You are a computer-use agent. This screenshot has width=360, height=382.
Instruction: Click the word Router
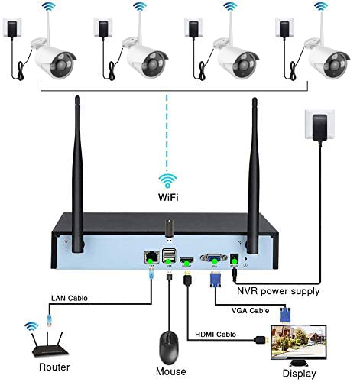[54, 367]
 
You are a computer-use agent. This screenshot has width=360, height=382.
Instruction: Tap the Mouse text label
[171, 371]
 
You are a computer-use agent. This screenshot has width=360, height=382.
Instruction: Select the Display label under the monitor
[300, 374]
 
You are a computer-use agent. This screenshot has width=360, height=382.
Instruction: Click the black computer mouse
[169, 348]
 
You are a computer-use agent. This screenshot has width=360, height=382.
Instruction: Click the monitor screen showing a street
[299, 342]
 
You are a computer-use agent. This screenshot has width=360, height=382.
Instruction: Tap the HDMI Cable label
[216, 334]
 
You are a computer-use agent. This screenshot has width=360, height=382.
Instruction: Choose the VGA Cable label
[250, 310]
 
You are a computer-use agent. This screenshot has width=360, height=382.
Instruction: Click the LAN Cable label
[70, 298]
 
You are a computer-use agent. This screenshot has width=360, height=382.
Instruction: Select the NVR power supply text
[278, 291]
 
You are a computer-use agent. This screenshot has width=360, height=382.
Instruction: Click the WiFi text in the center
[168, 197]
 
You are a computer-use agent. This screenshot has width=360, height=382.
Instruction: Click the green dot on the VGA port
[214, 261]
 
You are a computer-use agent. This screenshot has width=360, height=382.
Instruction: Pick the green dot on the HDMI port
[187, 262]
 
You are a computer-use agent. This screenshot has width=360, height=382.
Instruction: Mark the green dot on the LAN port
[150, 261]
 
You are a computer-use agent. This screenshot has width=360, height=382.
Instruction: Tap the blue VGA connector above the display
[285, 315]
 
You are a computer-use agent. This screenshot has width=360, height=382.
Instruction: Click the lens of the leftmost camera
[62, 66]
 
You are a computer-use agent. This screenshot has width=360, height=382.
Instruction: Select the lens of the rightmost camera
[336, 66]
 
